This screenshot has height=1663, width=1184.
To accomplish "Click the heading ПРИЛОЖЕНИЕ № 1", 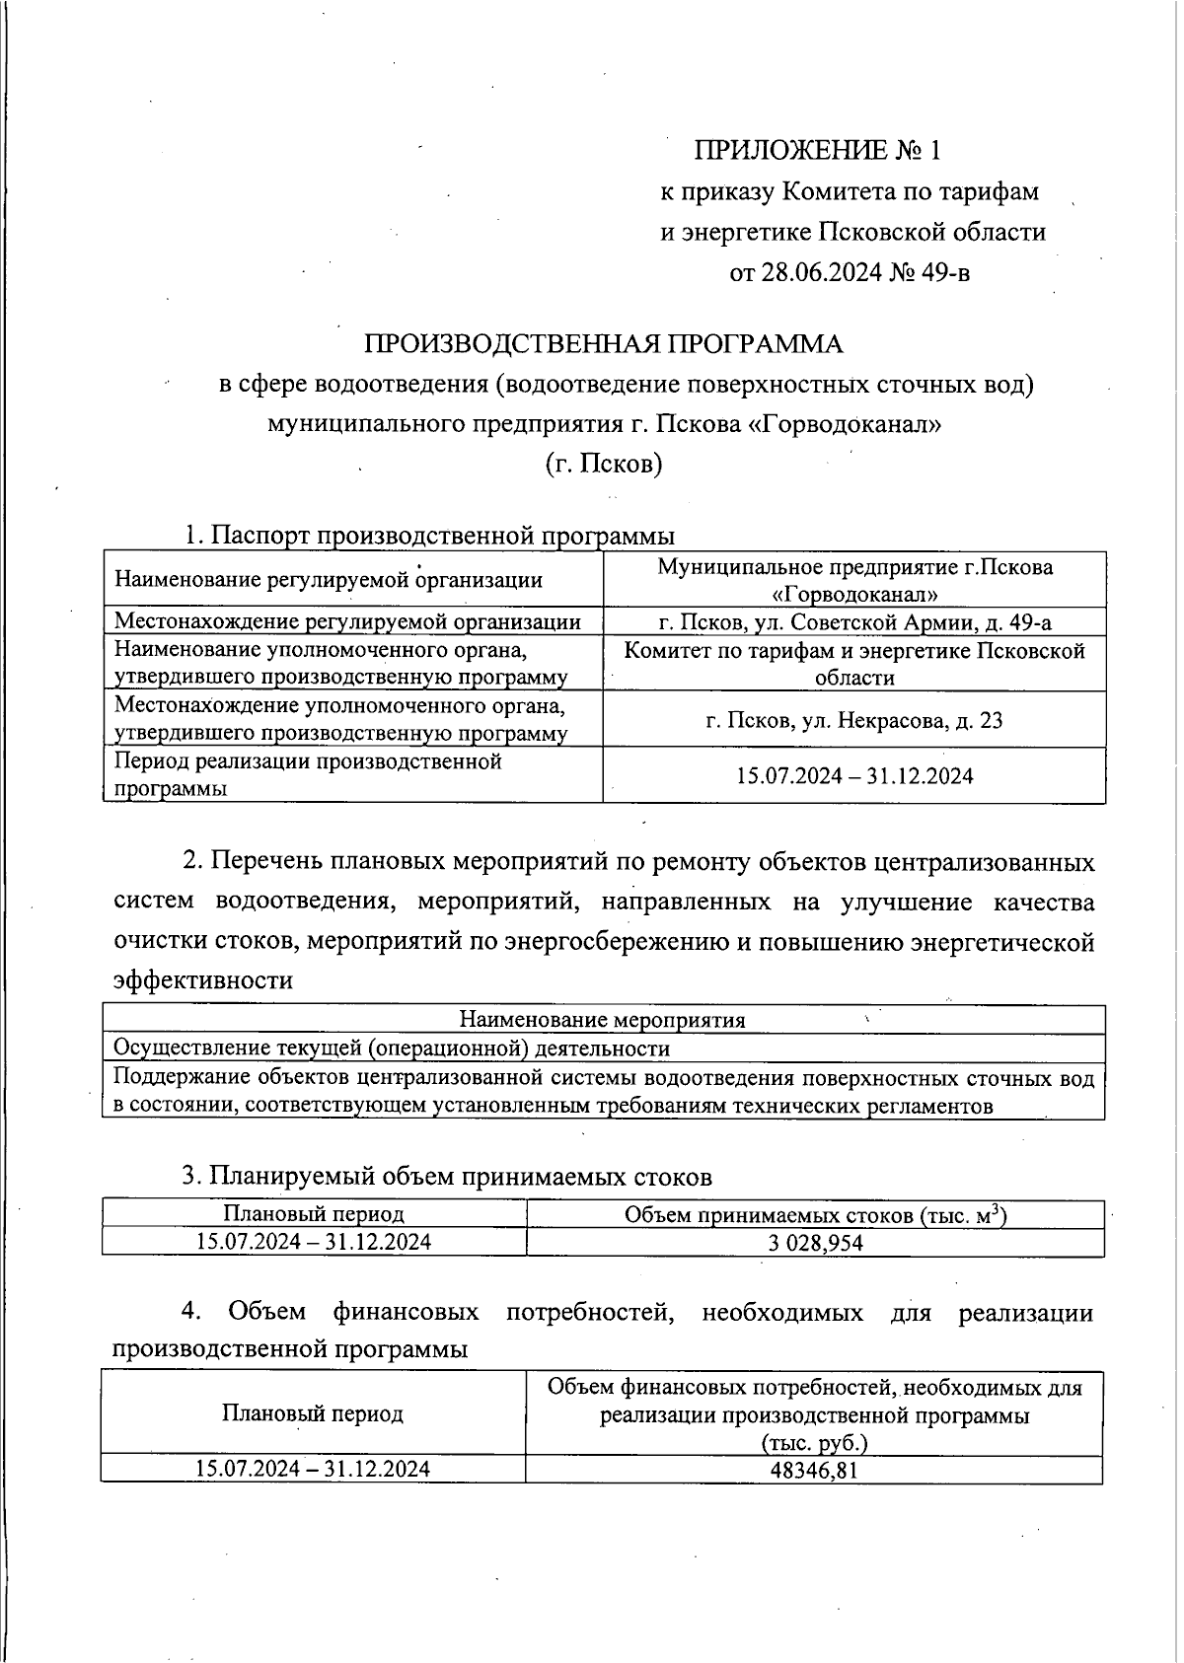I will pos(818,151).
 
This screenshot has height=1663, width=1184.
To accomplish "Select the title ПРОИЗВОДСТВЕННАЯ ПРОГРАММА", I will pos(604,344).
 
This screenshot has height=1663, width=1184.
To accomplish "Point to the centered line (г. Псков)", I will pos(604,464).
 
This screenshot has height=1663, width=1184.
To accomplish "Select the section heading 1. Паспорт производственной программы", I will pos(429,536).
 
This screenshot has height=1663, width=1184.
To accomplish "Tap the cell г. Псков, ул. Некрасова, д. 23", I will pos(853,720).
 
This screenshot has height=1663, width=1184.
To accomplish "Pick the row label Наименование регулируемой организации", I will pos(329,579).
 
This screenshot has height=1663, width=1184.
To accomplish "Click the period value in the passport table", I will pos(853,776).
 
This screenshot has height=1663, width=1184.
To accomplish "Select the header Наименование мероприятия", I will pos(603,1019).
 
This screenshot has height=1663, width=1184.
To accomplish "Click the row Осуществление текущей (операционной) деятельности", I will pos(392,1048).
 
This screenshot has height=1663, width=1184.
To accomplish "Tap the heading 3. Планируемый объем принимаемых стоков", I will pos(446,1177).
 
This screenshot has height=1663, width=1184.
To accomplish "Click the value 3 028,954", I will pos(815,1243).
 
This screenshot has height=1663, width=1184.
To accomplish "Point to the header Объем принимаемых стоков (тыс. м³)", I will pos(815,1215).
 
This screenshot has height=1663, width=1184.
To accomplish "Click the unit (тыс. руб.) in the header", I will pos(814,1443).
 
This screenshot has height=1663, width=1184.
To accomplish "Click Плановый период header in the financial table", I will pos(312,1414).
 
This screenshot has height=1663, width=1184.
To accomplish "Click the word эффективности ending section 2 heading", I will pos(203,980).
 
